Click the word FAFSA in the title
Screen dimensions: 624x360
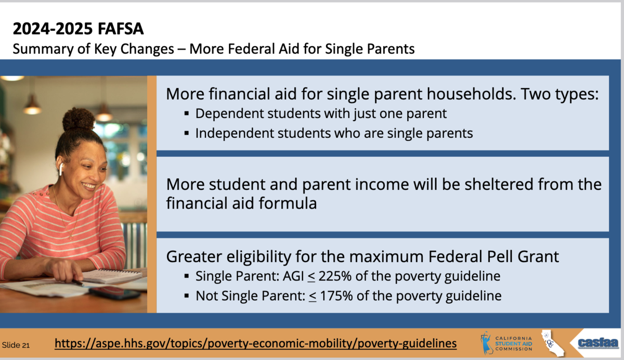click(x=121, y=29)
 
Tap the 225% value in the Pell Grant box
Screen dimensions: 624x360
click(x=335, y=276)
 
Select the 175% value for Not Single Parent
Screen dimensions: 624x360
click(x=336, y=295)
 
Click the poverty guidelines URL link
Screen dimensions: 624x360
click(x=255, y=343)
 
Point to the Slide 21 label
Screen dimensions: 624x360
click(x=16, y=345)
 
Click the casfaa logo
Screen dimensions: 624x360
click(x=598, y=343)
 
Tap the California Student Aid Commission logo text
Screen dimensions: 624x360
click(x=513, y=343)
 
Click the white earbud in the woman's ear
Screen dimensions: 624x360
click(x=61, y=169)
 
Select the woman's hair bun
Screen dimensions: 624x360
click(x=79, y=119)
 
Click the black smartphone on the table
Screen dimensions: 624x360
click(x=114, y=292)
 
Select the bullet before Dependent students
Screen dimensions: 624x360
click(x=187, y=114)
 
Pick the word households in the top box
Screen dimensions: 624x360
click(x=471, y=94)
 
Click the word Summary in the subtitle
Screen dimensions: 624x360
click(x=43, y=49)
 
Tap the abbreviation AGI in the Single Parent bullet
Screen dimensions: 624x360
click(x=293, y=276)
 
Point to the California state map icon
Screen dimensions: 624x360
click(x=552, y=343)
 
